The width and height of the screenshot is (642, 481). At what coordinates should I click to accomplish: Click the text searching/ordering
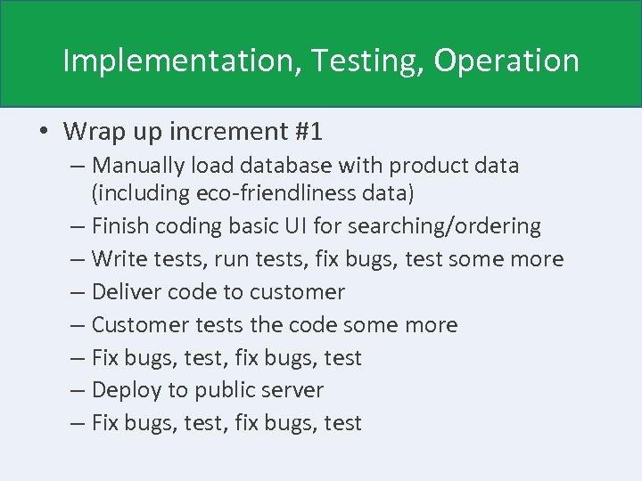[x=444, y=226]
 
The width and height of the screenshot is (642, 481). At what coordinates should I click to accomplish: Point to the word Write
[x=118, y=259]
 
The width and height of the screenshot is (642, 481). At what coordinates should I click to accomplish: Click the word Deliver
[x=125, y=292]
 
